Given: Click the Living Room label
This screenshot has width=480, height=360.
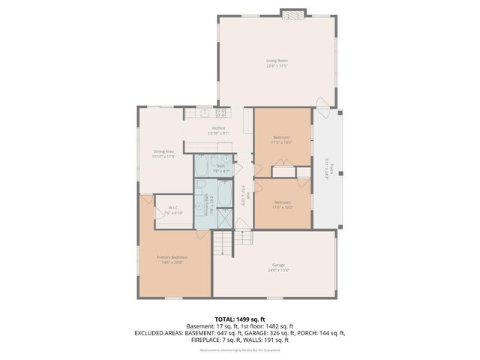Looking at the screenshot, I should pyautogui.click(x=277, y=63).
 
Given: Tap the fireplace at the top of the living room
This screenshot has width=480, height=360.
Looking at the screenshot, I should pyautogui.click(x=293, y=13).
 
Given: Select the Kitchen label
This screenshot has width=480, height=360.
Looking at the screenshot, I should pyautogui.click(x=218, y=130).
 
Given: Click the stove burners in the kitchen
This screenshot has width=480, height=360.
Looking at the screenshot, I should pyautogui.click(x=221, y=113).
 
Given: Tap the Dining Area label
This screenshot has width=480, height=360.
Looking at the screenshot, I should pyautogui.click(x=163, y=154).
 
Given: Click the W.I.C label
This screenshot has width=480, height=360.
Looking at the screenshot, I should pyautogui.click(x=174, y=211).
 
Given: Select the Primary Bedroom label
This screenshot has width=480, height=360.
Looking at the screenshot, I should pyautogui.click(x=172, y=259).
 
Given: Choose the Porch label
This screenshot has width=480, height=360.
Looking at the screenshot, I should pyautogui.click(x=326, y=169).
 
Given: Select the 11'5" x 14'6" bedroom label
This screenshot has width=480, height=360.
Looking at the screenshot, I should pyautogui.click(x=281, y=139).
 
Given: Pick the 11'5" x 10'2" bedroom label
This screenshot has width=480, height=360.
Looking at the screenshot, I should pyautogui.click(x=282, y=204).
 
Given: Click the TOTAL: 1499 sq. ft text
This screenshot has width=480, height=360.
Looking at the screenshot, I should pyautogui.click(x=239, y=317).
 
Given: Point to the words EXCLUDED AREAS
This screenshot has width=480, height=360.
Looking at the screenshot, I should pyautogui.click(x=160, y=332).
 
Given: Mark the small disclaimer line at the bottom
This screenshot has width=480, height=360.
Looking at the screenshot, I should pyautogui.click(x=239, y=350).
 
